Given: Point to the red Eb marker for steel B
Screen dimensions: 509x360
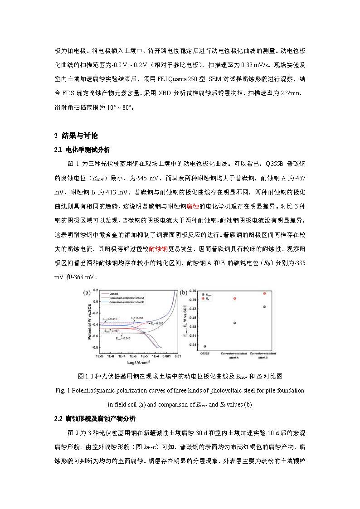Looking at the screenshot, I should click(264, 293).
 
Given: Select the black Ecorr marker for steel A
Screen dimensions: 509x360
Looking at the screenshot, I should click(234, 323).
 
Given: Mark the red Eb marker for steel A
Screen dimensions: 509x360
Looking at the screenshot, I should click(234, 298).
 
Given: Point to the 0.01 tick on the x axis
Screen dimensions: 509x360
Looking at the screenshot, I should click(178, 357).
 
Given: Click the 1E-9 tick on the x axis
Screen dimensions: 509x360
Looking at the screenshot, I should click(100, 357).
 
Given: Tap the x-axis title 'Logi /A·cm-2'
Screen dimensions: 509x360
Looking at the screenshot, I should click(138, 363).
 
